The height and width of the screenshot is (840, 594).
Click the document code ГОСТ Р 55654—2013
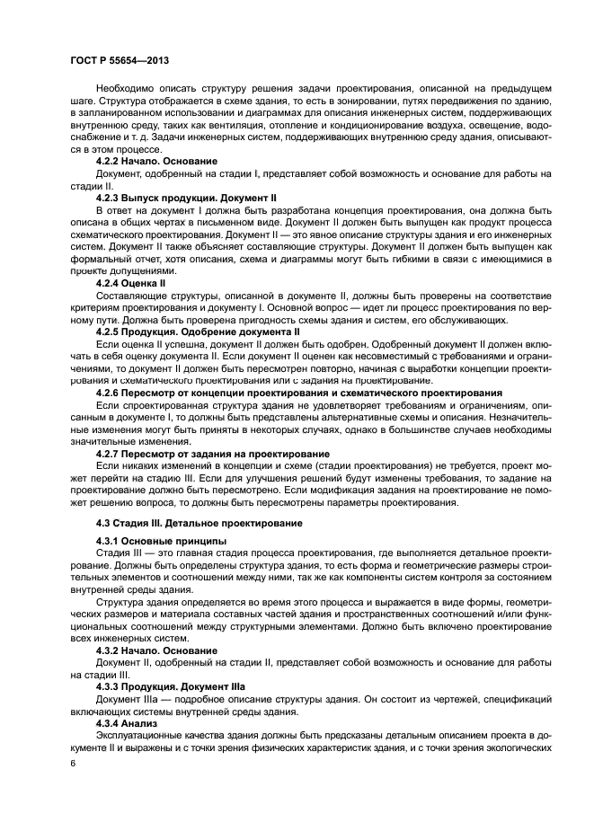click(120, 60)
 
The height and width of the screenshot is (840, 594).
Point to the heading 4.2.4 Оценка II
click(130, 283)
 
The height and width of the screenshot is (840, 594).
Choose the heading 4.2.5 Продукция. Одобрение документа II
click(198, 331)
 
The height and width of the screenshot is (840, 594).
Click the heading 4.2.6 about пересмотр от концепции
click(298, 393)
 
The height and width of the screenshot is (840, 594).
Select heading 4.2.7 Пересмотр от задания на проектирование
click(212, 453)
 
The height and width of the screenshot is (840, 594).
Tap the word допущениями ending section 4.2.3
click(149, 271)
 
